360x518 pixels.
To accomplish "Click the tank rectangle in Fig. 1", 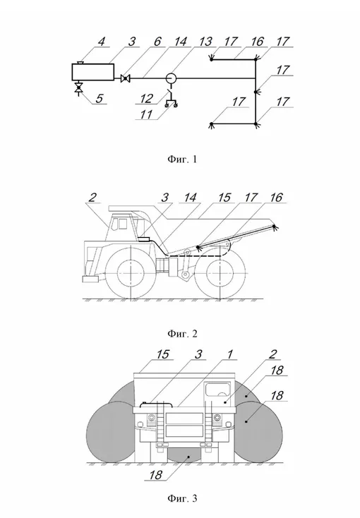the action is pyautogui.click(x=93, y=72).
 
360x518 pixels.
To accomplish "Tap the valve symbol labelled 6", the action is pyautogui.click(x=125, y=78).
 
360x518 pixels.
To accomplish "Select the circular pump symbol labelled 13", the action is pyautogui.click(x=171, y=78).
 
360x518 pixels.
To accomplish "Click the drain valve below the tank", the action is pyautogui.click(x=78, y=89).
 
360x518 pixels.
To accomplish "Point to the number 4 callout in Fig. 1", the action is pyautogui.click(x=101, y=42).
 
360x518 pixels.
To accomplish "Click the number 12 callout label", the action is pyautogui.click(x=146, y=98).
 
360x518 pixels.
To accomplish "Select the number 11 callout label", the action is pyautogui.click(x=146, y=114).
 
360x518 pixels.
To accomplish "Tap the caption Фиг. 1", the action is pyautogui.click(x=182, y=159).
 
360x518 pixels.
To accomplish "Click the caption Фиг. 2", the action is pyautogui.click(x=182, y=334).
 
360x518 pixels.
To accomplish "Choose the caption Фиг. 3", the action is pyautogui.click(x=182, y=498).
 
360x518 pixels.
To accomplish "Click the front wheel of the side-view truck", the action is pyautogui.click(x=131, y=275).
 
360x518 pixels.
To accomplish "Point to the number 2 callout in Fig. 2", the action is pyautogui.click(x=92, y=198).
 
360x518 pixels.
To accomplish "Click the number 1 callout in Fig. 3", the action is pyautogui.click(x=229, y=354).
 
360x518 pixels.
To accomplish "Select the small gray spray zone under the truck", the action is pyautogui.click(x=184, y=456).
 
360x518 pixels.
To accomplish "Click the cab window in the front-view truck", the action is pyautogui.click(x=218, y=389).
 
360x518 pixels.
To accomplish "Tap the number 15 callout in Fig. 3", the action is pyautogui.click(x=162, y=354).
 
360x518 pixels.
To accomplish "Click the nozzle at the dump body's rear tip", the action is pyautogui.click(x=275, y=227).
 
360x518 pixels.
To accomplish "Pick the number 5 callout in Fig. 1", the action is pyautogui.click(x=100, y=98).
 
